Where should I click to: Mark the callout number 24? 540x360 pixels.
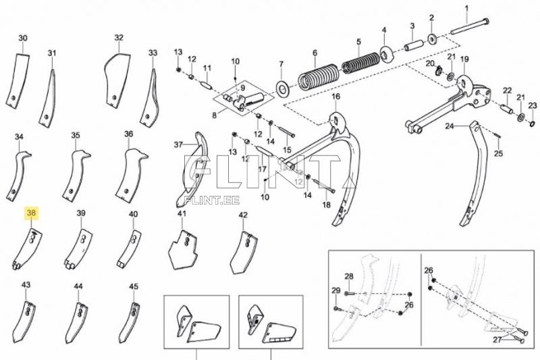click(450, 126)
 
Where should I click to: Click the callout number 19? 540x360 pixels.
click(464, 59)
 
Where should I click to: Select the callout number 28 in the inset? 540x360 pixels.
click(349, 276)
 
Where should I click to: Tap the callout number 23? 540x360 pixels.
click(532, 105)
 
